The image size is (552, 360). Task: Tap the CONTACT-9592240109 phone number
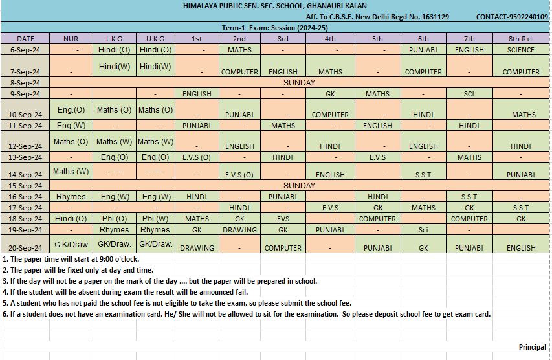click(x=511, y=17)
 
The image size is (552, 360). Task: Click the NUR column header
click(x=71, y=39)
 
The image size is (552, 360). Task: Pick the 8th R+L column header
click(x=521, y=39)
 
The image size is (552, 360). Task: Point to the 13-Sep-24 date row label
click(x=26, y=157)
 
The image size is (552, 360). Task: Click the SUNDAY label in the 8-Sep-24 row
click(x=300, y=83)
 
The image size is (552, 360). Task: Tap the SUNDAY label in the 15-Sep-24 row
click(x=300, y=186)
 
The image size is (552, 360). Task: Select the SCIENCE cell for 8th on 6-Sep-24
click(x=521, y=50)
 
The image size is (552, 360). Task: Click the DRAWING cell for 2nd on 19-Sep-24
click(x=239, y=230)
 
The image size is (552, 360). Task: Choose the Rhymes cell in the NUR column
click(x=71, y=196)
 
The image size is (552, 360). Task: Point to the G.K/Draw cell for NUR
click(x=71, y=245)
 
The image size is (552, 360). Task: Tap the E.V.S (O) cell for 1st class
click(x=197, y=157)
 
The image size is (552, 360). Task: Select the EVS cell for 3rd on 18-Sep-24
click(x=283, y=219)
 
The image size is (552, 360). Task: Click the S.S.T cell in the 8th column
click(x=521, y=208)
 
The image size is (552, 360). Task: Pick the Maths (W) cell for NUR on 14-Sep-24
click(x=71, y=172)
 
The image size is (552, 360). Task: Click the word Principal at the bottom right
click(x=532, y=347)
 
